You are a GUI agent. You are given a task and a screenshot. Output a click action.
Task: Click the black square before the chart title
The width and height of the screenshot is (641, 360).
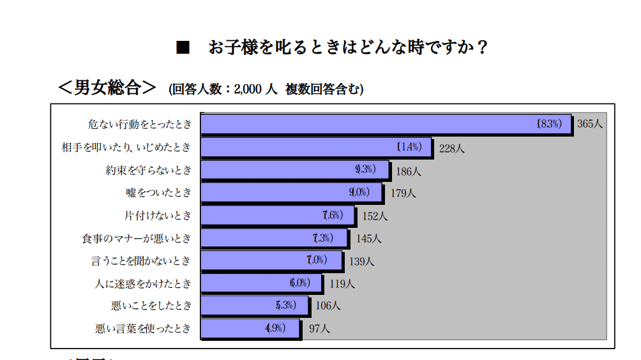click(183, 48)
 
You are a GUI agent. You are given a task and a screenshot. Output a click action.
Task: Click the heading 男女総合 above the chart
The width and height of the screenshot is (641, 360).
click(107, 87)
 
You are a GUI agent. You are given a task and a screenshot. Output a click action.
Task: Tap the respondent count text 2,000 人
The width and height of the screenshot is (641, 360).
click(255, 89)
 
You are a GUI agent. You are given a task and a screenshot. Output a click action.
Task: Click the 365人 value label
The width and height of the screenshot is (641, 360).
click(590, 124)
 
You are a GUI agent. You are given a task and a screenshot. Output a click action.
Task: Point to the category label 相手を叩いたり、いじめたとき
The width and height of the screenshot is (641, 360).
click(126, 147)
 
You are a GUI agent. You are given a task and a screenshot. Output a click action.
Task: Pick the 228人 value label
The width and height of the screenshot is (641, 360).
click(451, 148)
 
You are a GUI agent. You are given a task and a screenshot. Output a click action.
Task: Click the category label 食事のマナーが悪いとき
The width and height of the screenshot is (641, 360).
click(136, 238)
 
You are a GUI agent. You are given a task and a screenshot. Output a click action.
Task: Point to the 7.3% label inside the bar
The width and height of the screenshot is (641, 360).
click(323, 238)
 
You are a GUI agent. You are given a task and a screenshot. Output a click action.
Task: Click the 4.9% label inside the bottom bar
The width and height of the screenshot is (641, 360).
click(275, 329)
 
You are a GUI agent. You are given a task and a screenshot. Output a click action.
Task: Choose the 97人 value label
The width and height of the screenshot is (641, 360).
click(319, 329)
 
